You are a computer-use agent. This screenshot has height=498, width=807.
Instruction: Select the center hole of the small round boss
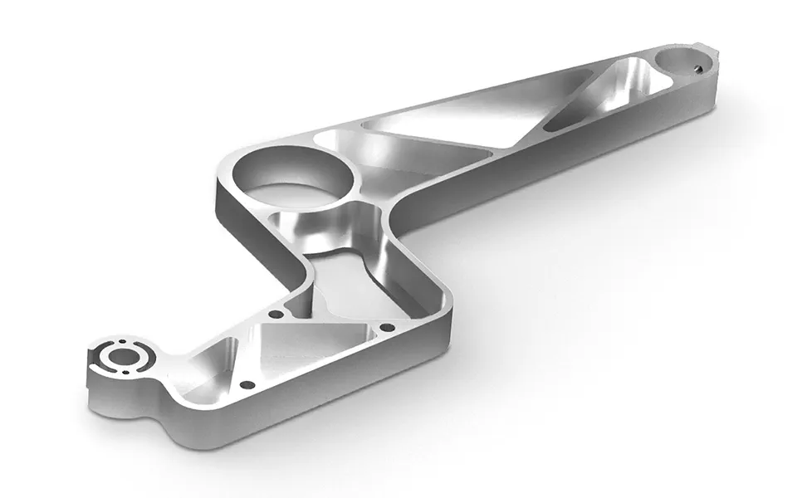pyautogui.click(x=125, y=359)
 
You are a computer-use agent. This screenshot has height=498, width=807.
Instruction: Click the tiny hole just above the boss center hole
pyautogui.click(x=121, y=341)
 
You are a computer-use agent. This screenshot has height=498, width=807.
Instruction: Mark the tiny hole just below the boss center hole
pyautogui.click(x=130, y=375)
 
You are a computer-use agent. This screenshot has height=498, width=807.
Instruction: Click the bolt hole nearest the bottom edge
pyautogui.click(x=245, y=386)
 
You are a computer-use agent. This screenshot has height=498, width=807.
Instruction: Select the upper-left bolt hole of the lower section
pyautogui.click(x=274, y=315)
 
